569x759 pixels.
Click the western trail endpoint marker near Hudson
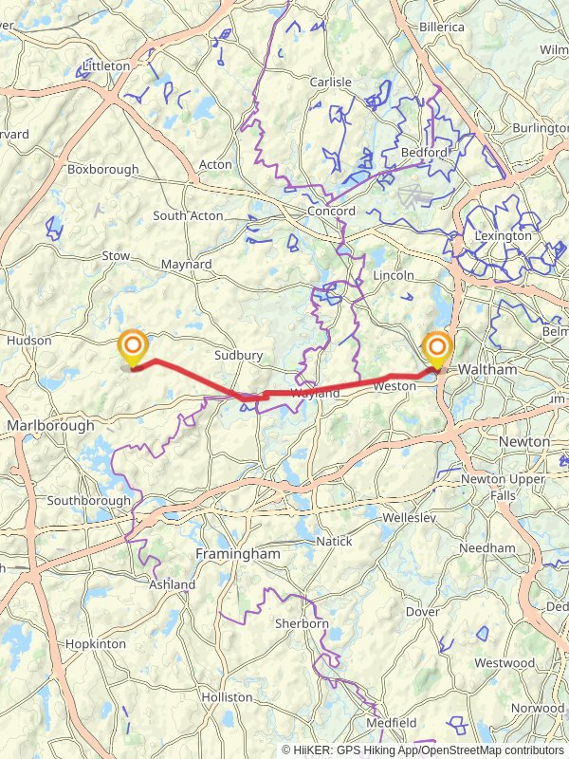click(133, 347)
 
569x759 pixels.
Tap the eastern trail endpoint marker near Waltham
click(437, 348)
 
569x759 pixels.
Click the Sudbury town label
click(238, 355)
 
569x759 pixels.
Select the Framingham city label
click(237, 553)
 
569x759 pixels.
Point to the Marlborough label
click(50, 426)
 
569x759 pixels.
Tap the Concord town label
click(331, 211)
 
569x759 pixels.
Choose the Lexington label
click(504, 235)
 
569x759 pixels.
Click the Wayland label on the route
click(315, 393)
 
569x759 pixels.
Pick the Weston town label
click(395, 386)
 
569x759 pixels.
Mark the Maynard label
click(186, 264)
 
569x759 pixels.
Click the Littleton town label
click(106, 65)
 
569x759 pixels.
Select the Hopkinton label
click(95, 643)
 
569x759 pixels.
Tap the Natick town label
click(333, 541)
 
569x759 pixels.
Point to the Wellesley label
click(409, 518)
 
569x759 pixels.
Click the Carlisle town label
click(331, 82)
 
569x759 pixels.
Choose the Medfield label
click(393, 723)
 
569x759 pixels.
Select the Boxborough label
click(102, 169)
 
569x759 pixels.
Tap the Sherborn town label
click(301, 623)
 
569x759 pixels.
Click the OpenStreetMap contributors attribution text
click(495, 750)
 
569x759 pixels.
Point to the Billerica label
click(442, 27)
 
